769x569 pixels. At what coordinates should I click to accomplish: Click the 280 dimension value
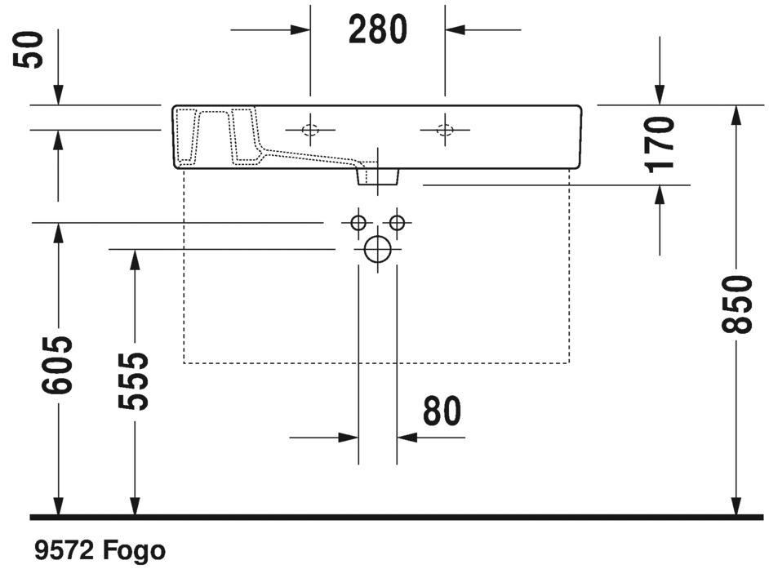coord(377,30)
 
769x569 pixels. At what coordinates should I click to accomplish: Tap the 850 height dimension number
coord(737,305)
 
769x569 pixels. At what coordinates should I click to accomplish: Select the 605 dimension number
coord(58,363)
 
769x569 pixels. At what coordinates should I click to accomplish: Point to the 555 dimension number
coord(134,381)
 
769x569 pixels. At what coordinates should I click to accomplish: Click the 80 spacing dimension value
coord(442,411)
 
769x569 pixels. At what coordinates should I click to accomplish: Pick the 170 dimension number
coord(660,144)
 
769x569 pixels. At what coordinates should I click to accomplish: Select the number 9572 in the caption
coord(64,551)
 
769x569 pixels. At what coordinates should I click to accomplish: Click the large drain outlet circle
coord(377,248)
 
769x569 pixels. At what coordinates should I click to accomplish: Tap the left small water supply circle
coord(358,222)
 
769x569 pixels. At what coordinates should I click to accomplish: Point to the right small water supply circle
coord(397,222)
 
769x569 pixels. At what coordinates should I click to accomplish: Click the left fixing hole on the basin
coord(310,129)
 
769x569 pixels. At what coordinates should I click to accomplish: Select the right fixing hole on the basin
coord(445,129)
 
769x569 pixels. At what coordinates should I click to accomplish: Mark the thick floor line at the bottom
coord(384,517)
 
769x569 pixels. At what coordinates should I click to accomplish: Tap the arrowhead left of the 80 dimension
coord(349,438)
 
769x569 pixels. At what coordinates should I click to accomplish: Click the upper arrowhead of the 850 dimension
coord(737,115)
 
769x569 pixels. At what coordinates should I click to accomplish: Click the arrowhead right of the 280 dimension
coord(455,30)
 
